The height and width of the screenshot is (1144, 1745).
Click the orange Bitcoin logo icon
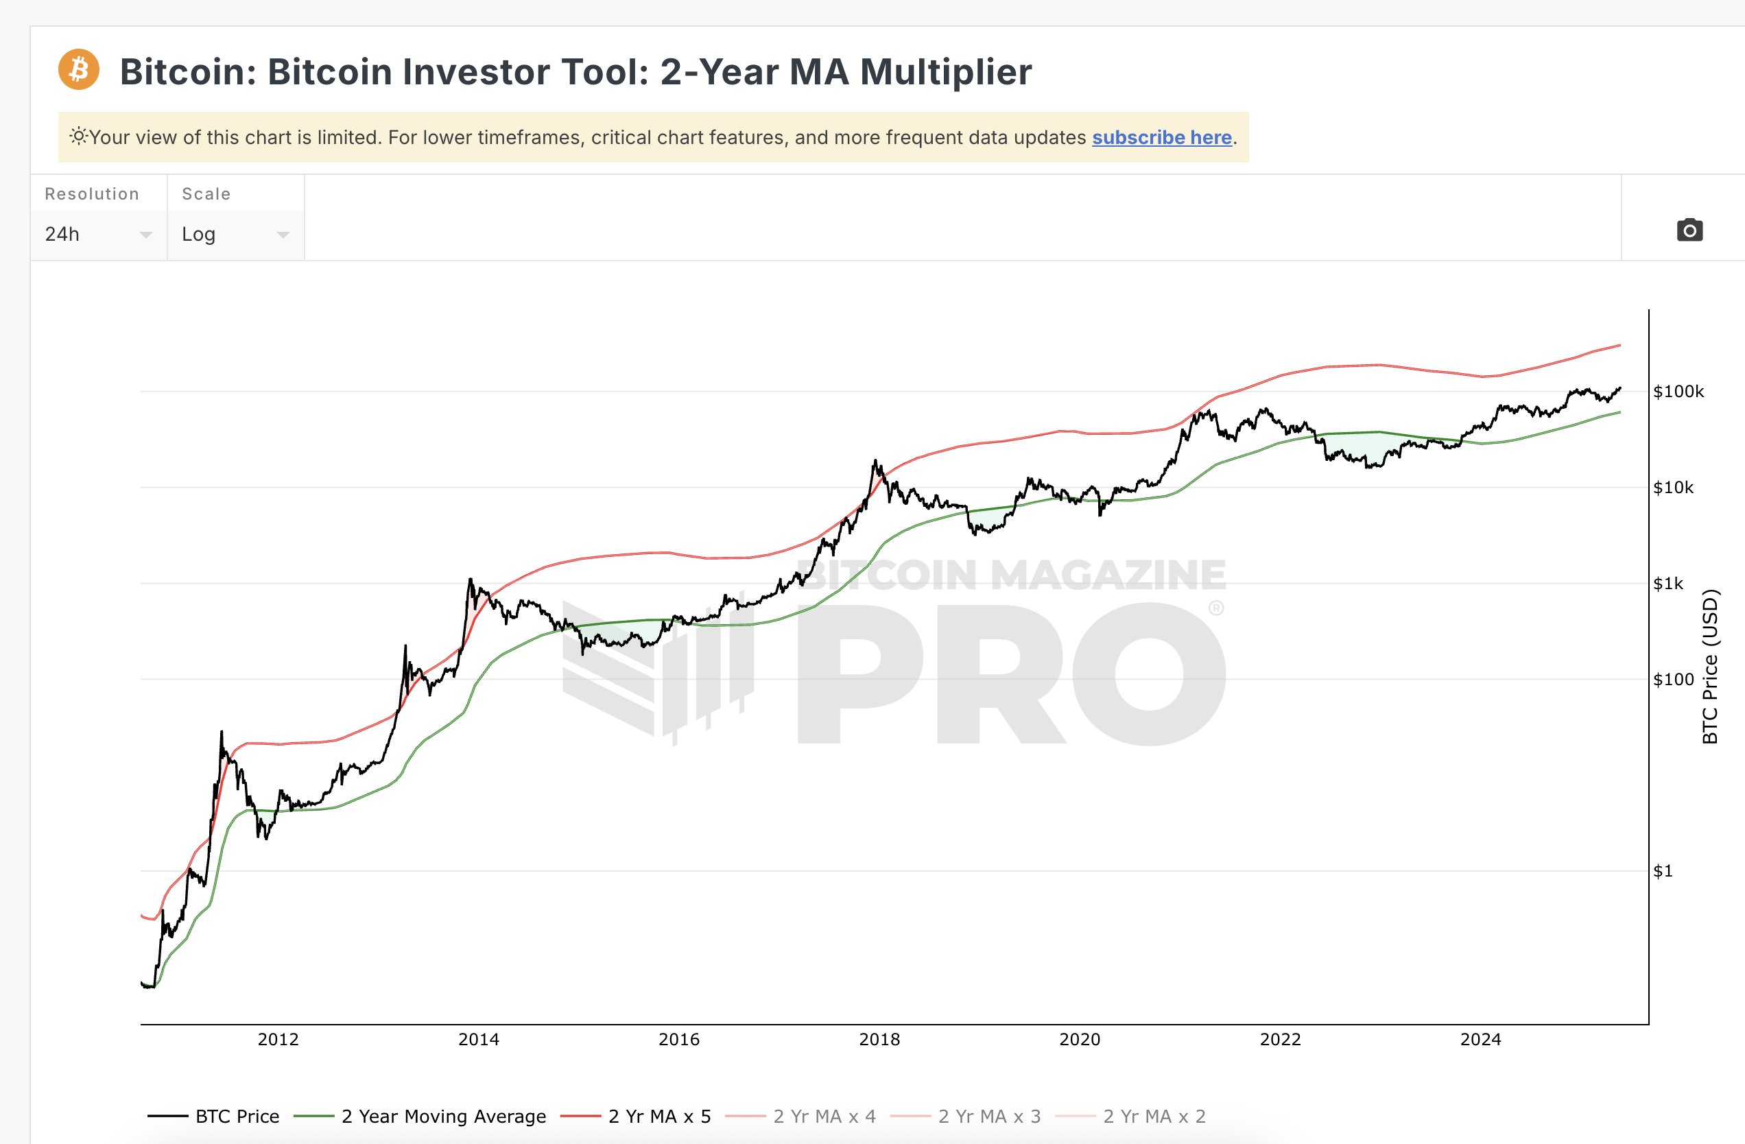click(78, 70)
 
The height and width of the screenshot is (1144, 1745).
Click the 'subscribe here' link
click(1161, 137)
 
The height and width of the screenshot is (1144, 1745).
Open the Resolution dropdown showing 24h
click(98, 234)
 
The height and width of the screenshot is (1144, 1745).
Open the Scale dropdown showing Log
click(235, 234)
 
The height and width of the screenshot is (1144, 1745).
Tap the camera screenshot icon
click(1689, 230)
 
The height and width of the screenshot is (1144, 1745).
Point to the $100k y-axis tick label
click(1678, 392)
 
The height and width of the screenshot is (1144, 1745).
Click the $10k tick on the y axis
click(1673, 488)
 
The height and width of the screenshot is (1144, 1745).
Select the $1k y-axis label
click(1668, 584)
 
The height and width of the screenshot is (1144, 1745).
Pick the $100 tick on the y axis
click(1673, 680)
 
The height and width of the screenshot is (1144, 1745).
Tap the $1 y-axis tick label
click(1663, 871)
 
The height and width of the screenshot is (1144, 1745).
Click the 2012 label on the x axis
click(278, 1039)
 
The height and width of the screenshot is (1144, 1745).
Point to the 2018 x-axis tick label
click(879, 1039)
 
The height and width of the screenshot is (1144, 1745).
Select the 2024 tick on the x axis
click(1480, 1039)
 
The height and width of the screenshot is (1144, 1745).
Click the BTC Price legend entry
click(237, 1116)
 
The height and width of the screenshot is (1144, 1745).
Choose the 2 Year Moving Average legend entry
click(443, 1116)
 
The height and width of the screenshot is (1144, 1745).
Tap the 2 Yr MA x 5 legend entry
click(659, 1116)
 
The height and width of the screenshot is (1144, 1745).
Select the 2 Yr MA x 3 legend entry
click(989, 1116)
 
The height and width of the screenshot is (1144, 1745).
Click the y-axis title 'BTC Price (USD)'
click(1710, 666)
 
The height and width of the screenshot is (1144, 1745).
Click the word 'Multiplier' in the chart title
click(946, 72)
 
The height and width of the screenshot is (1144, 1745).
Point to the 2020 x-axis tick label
click(1079, 1039)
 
